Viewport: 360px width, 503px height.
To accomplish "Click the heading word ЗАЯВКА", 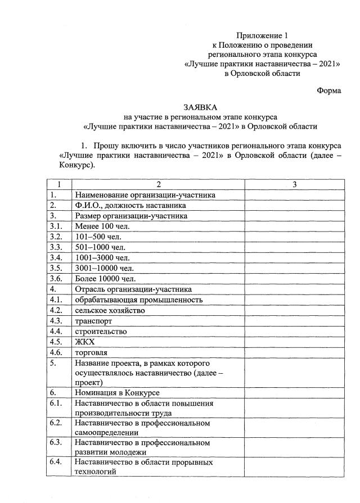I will tap(200, 107).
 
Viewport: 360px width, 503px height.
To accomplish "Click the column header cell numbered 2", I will tap(159, 185).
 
